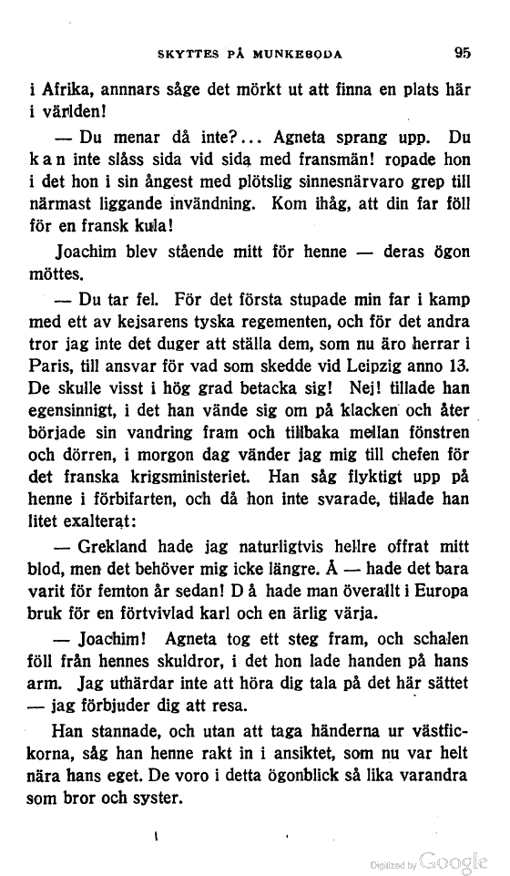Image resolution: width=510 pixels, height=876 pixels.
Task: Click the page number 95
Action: click(x=462, y=53)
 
